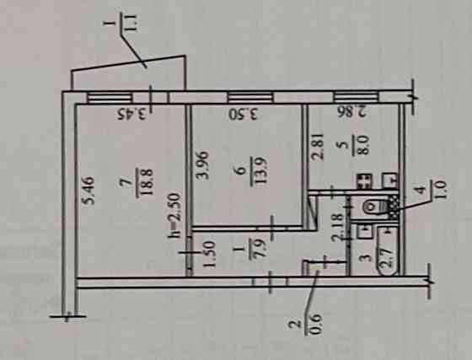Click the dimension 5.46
(x=89, y=191)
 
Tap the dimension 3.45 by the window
(x=134, y=115)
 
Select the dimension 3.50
(x=244, y=115)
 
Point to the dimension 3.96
(x=203, y=165)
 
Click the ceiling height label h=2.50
(x=174, y=216)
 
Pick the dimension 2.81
(x=319, y=146)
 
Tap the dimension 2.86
(x=352, y=111)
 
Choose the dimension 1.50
(x=209, y=254)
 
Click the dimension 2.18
(x=337, y=227)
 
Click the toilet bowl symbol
(x=374, y=207)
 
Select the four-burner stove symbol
(x=364, y=181)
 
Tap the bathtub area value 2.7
(x=386, y=258)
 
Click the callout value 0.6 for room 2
(x=313, y=325)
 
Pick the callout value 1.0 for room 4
(x=438, y=191)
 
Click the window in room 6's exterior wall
(x=251, y=97)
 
